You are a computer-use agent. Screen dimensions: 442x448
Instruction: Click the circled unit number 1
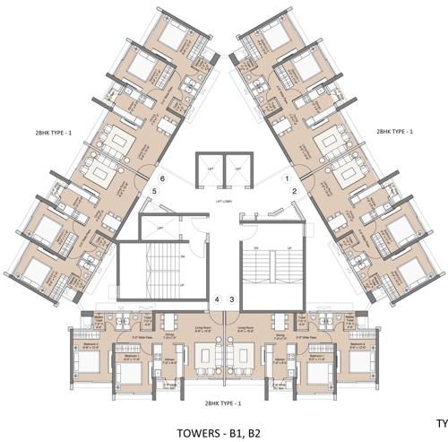(288, 178)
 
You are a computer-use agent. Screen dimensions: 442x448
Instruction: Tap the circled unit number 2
(295, 191)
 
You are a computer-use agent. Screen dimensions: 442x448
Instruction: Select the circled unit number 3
(232, 299)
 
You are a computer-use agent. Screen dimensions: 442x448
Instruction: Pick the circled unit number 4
(218, 299)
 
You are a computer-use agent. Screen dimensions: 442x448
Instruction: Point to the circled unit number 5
(155, 191)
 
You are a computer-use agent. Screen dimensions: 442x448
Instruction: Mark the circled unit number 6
(162, 178)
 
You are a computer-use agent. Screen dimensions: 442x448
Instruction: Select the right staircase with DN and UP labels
(269, 269)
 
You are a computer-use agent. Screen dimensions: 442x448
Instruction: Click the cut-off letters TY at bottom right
(441, 421)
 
